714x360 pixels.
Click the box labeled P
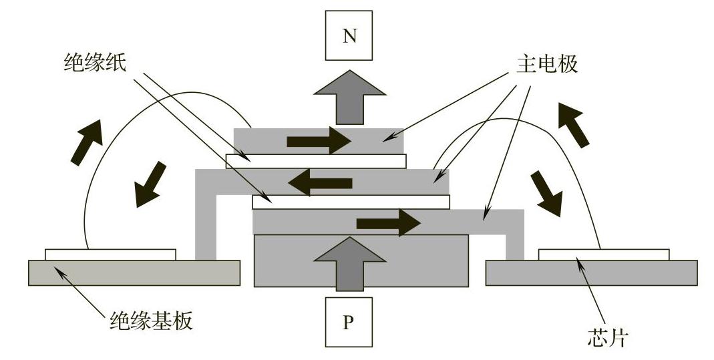coord(349,322)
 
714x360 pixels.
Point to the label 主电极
coord(546,65)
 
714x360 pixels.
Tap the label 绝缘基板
coord(151,321)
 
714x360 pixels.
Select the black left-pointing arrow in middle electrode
coord(323,181)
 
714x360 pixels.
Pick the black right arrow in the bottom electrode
coord(388,222)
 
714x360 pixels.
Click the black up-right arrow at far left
coord(87,142)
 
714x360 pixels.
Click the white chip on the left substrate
coord(110,254)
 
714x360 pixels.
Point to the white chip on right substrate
coord(603,254)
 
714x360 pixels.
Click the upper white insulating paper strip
coord(316,161)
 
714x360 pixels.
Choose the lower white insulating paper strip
coord(351,201)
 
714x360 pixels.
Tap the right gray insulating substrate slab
coord(591,273)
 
